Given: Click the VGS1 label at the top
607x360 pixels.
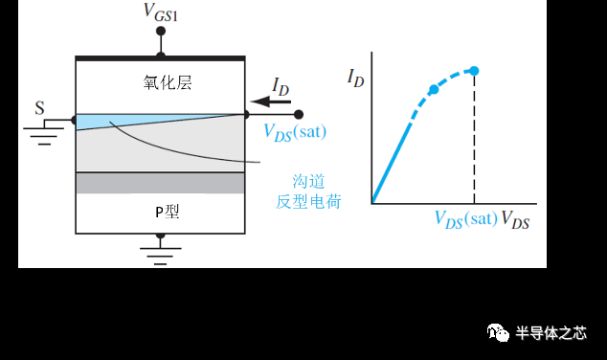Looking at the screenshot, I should [x=160, y=12].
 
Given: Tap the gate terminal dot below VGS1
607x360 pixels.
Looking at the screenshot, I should [x=161, y=32].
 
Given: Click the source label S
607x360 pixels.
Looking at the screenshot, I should [x=39, y=107].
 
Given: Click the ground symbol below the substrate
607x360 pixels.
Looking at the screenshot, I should [x=161, y=251].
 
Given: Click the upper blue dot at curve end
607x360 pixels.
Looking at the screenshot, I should [x=474, y=71].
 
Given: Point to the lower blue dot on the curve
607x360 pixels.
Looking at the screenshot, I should [x=434, y=89].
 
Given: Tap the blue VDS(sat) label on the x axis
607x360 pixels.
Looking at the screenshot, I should [x=465, y=218].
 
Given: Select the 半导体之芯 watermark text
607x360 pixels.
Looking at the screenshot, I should [x=551, y=333].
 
